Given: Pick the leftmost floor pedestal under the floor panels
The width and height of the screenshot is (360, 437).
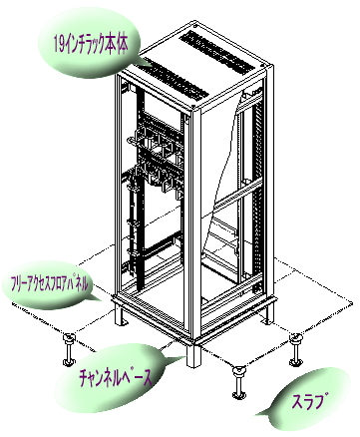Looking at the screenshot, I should coord(70,349).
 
